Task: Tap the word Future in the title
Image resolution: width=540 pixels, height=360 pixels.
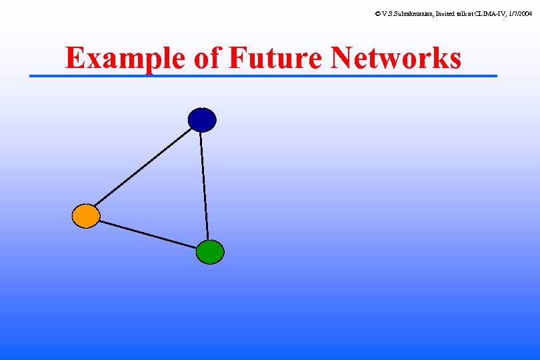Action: (x=276, y=59)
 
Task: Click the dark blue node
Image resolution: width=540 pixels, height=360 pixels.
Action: (x=202, y=120)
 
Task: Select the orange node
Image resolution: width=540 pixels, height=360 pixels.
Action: (x=86, y=216)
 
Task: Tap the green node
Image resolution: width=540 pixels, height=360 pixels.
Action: (x=210, y=252)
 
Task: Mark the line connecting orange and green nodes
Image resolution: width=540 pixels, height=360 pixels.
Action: (x=148, y=234)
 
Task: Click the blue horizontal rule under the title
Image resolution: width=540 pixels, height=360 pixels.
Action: (x=263, y=76)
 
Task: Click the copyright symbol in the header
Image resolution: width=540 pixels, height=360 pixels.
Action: (x=378, y=13)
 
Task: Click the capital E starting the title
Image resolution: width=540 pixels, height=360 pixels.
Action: (x=75, y=59)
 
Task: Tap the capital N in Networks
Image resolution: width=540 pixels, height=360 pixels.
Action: (x=344, y=59)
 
